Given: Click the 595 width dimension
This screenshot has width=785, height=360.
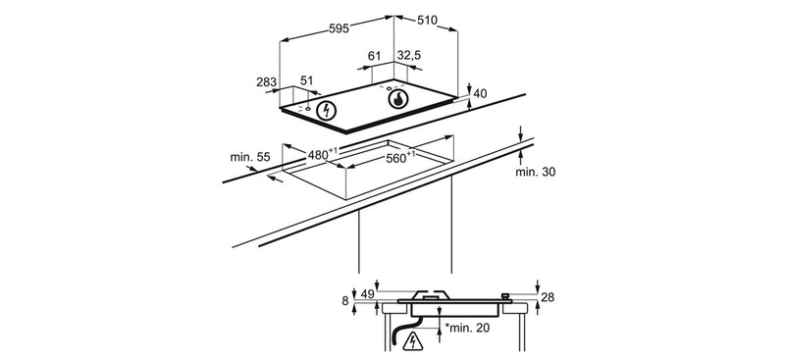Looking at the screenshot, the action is pos(339,28).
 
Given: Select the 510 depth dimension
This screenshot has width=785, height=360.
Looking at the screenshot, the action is pos(427,20).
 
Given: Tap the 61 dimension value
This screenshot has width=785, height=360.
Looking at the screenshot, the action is pos(375,56).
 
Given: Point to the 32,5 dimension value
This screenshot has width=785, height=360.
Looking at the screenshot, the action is pos(409,56).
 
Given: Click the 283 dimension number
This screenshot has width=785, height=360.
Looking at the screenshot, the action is pos(266,82).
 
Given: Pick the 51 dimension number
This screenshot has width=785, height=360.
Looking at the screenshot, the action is pos(306,80).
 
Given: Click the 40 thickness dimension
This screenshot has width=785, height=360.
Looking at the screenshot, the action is pos(480,93).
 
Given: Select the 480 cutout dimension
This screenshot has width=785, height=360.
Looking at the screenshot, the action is pos(320,154).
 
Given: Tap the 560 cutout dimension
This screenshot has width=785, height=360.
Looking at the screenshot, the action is pos(398,158).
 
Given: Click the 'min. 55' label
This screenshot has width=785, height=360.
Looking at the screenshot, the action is pos(250,157).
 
